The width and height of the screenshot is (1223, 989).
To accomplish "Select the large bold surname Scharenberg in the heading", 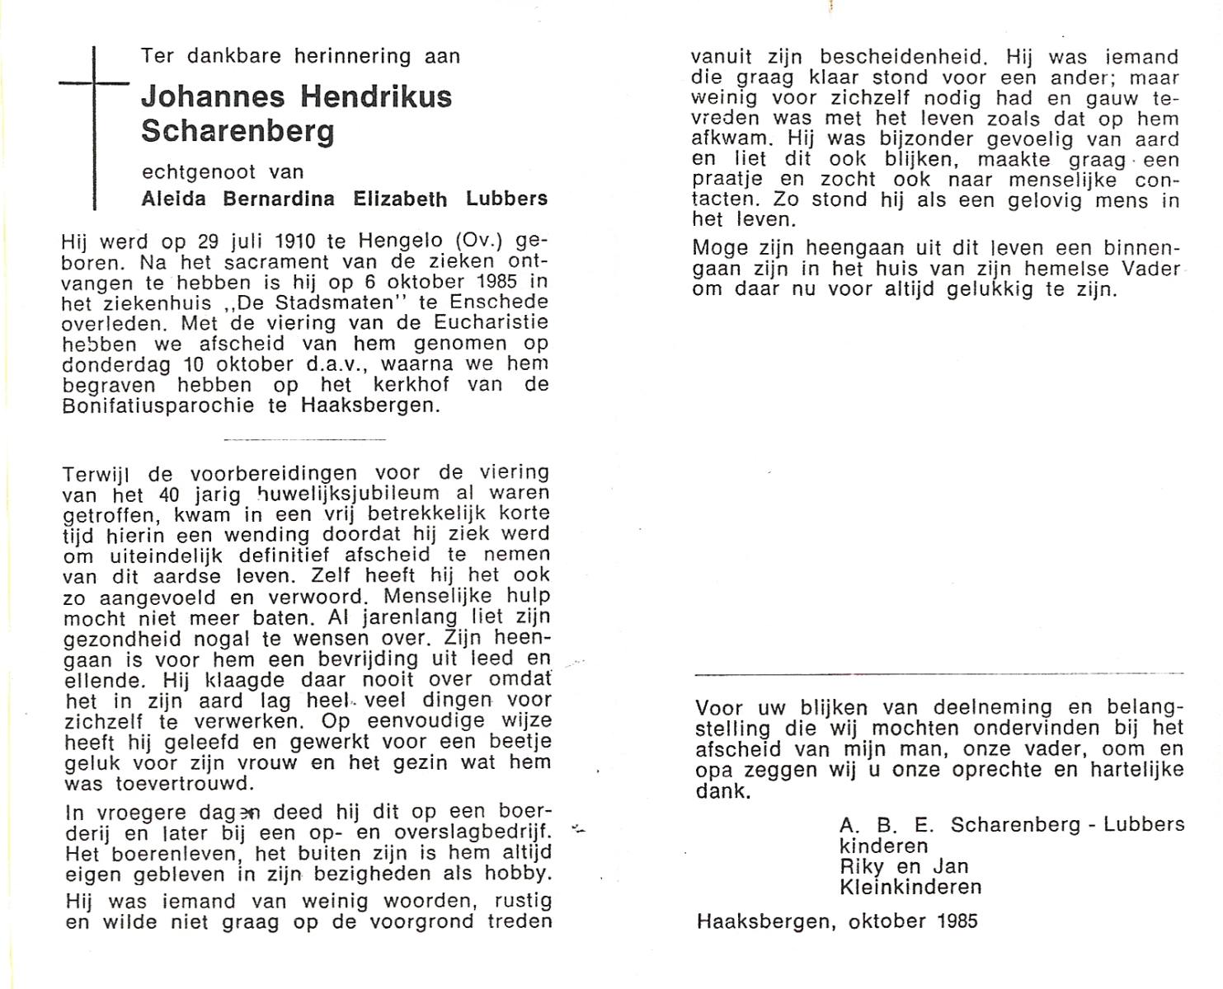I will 238,132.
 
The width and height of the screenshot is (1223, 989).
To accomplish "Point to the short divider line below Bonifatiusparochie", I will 304,439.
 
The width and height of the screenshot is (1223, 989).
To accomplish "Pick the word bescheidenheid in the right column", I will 903,58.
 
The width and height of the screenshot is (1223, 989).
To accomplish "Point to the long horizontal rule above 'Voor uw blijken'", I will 939,675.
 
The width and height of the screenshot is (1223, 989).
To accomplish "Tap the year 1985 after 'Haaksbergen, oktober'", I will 957,920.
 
